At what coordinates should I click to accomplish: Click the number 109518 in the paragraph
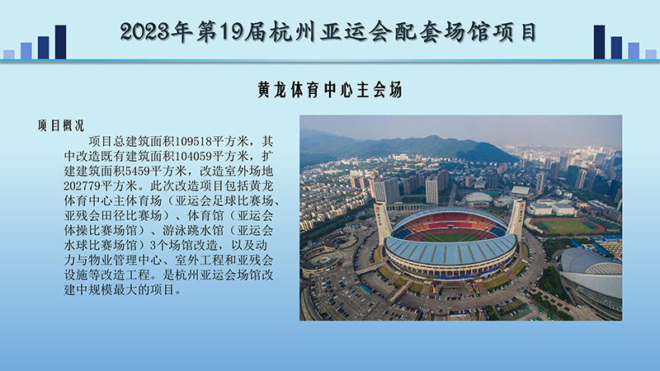tap(191, 140)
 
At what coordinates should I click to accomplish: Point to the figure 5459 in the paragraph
tap(155, 170)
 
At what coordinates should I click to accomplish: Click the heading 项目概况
tap(60, 125)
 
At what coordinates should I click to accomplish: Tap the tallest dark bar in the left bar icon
tap(60, 42)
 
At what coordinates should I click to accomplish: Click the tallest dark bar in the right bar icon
tap(599, 42)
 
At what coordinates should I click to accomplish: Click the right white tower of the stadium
tap(517, 216)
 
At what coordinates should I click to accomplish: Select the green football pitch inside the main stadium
tap(450, 235)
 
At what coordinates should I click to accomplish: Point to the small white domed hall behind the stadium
tap(478, 198)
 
